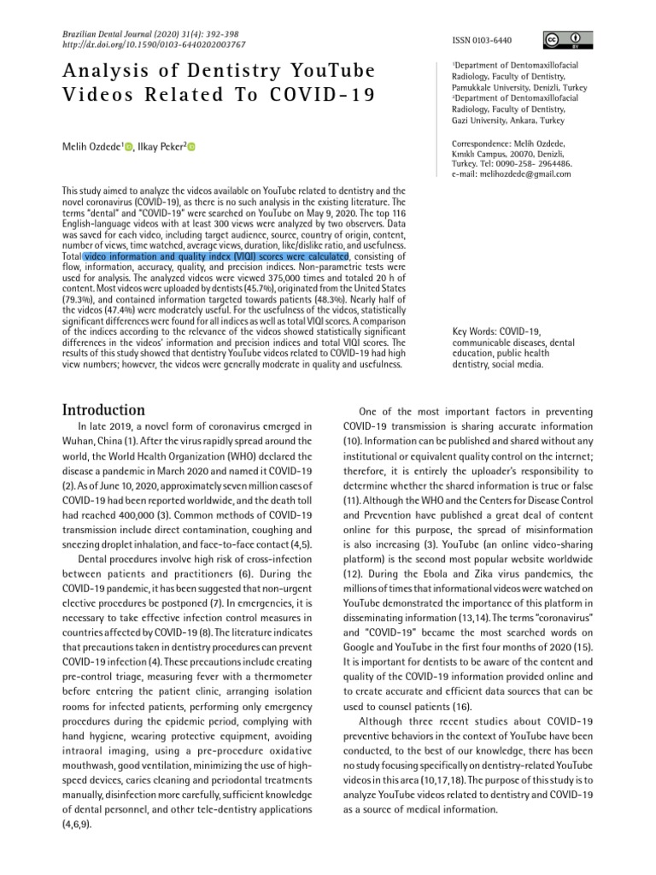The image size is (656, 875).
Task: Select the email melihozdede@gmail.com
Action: tap(518, 173)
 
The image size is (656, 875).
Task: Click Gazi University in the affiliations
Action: tap(485, 120)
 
